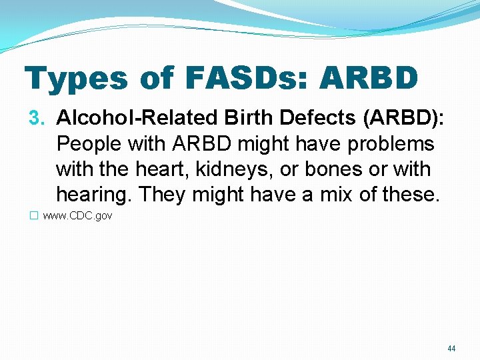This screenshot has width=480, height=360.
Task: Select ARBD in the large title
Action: (369, 77)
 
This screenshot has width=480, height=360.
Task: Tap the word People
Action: (88, 144)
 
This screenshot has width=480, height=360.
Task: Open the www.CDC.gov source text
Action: (77, 216)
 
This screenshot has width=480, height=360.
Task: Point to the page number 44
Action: (451, 349)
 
